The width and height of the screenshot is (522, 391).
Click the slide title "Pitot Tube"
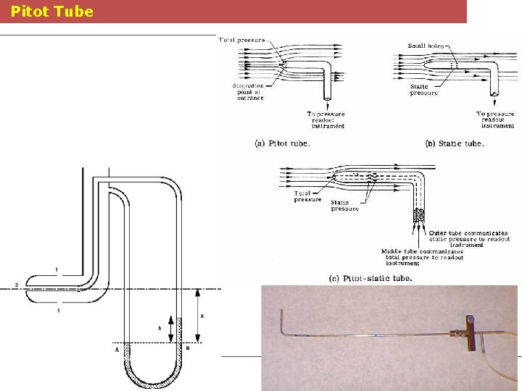pos(52,12)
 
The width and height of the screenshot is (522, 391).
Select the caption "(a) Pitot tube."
pos(282,143)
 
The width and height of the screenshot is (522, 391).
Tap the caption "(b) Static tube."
pos(455,143)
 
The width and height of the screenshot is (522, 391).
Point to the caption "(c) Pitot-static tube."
pos(370,278)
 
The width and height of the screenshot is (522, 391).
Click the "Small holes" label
pos(427,46)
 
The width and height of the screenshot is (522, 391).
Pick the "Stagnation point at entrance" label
pos(247,91)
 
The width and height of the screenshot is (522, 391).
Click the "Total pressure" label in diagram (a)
pos(241,39)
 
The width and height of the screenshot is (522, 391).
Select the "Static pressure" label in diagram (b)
pos(424,90)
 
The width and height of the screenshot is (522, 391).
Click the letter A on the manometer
pos(116,350)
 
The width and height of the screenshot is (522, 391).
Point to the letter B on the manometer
pos(188,349)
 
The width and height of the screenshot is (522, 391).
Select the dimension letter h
pos(159,327)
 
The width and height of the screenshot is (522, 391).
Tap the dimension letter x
pos(202,316)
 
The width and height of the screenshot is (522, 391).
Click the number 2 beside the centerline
pos(15,286)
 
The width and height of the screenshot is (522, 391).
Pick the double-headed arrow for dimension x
pos(198,316)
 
